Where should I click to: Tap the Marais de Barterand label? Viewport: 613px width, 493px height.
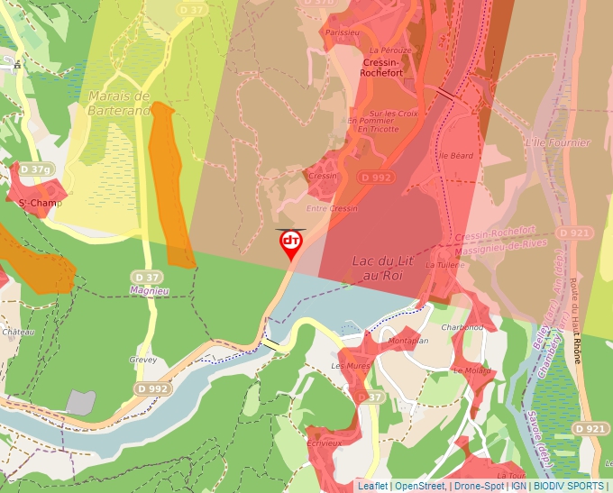click(x=118, y=103)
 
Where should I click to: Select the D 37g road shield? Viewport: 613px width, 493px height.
click(x=35, y=169)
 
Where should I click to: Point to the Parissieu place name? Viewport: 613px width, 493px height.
click(x=342, y=32)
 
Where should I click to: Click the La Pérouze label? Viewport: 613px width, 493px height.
click(x=390, y=50)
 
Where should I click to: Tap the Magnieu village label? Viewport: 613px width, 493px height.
click(x=150, y=290)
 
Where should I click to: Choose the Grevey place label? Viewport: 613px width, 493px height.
click(x=142, y=360)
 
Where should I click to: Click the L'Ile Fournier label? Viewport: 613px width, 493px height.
click(x=557, y=142)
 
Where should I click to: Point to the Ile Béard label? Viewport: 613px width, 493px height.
click(x=455, y=155)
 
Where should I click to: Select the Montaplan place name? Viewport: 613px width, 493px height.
click(x=407, y=342)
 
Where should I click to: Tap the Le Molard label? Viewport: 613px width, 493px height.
click(x=472, y=370)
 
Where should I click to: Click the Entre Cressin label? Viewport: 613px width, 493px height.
click(x=332, y=208)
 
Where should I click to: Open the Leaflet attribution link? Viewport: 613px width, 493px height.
click(x=372, y=486)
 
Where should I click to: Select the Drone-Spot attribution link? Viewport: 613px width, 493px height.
click(x=479, y=486)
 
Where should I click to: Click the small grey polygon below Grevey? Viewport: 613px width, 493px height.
click(x=80, y=402)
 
